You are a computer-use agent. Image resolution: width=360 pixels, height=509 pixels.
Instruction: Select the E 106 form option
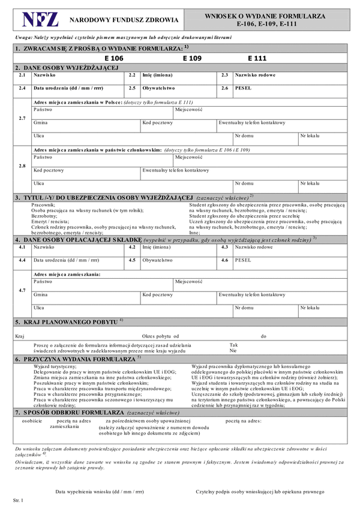[x=113, y=59]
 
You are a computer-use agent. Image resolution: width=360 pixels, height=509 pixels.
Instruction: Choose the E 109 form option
[x=192, y=59]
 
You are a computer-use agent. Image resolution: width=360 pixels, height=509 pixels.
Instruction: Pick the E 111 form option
[x=257, y=59]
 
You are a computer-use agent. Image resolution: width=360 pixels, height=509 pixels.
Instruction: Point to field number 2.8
[x=22, y=165]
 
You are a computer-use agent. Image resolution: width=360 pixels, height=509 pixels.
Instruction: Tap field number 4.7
[x=22, y=290]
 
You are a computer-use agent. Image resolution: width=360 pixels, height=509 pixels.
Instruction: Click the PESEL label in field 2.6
[x=243, y=88]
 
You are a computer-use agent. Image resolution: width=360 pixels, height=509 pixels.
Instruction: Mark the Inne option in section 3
[x=194, y=232]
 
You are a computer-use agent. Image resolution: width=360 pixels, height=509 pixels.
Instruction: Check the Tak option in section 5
[x=233, y=344]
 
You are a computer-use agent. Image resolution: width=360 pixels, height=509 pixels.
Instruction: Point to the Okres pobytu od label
[x=160, y=336]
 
